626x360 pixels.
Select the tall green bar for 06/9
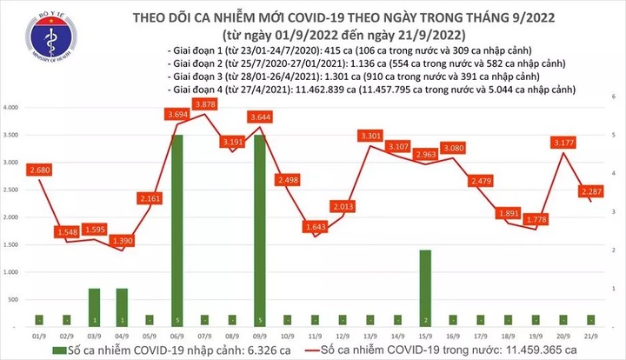177,230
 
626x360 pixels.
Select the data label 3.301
371,136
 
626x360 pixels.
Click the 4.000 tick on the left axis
11,107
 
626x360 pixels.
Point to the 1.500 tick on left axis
11,244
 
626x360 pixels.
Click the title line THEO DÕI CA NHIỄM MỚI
314,17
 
